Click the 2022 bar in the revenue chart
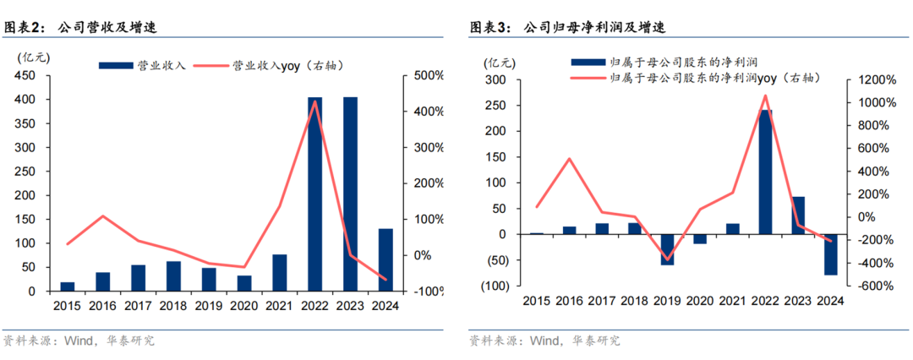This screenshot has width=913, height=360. click(314, 194)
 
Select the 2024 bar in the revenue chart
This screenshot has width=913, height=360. click(385, 259)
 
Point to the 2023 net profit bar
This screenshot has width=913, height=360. click(799, 215)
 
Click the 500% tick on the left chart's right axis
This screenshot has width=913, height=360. click(428, 76)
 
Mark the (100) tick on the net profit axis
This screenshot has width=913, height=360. click(495, 286)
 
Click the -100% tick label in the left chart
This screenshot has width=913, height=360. click(428, 292)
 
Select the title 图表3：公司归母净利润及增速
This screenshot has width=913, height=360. click(567, 27)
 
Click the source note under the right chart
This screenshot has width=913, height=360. click(544, 341)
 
